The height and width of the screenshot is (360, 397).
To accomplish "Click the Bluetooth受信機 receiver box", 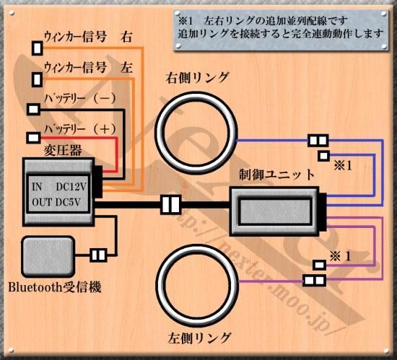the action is click(48, 257).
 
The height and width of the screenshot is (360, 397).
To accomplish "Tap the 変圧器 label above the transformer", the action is click(63, 151).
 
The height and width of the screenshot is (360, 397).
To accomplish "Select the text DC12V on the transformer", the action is click(71, 187).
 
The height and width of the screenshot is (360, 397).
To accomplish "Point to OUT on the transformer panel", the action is click(42, 203).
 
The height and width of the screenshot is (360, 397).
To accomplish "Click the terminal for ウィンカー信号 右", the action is click(38, 48).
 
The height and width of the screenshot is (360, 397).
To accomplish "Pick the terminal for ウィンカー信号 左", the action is click(38, 79).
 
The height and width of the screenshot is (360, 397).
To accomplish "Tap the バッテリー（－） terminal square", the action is click(33, 110).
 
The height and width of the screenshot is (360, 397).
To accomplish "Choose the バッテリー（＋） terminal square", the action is click(33, 138).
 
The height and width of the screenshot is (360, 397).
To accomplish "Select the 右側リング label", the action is click(197, 78).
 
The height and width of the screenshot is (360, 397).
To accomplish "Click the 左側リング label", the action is click(199, 338).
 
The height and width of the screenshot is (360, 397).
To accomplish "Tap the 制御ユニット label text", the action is click(276, 175).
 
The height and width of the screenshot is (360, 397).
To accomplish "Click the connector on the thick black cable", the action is click(171, 205).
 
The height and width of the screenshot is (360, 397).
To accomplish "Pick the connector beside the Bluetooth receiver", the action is click(98, 255).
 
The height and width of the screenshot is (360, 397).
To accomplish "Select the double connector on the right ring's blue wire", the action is click(318, 141).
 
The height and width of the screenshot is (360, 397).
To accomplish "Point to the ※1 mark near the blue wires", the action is click(343, 166).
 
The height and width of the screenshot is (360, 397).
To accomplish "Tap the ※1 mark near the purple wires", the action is click(341, 257).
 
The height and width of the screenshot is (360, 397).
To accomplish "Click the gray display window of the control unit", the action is click(276, 211).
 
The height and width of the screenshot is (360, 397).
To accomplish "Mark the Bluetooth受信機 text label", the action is click(55, 287).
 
